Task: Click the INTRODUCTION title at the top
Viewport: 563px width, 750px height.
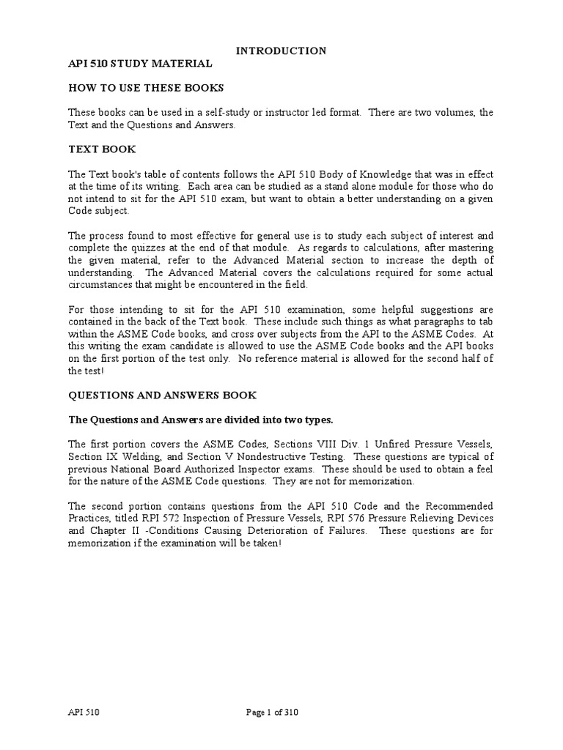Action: (x=281, y=51)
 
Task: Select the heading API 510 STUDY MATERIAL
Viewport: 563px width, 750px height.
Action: (x=140, y=64)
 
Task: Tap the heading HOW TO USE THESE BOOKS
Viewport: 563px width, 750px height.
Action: (x=146, y=88)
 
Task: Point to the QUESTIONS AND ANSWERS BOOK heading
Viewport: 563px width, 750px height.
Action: (x=162, y=395)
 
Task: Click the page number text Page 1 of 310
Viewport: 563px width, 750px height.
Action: (x=271, y=712)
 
